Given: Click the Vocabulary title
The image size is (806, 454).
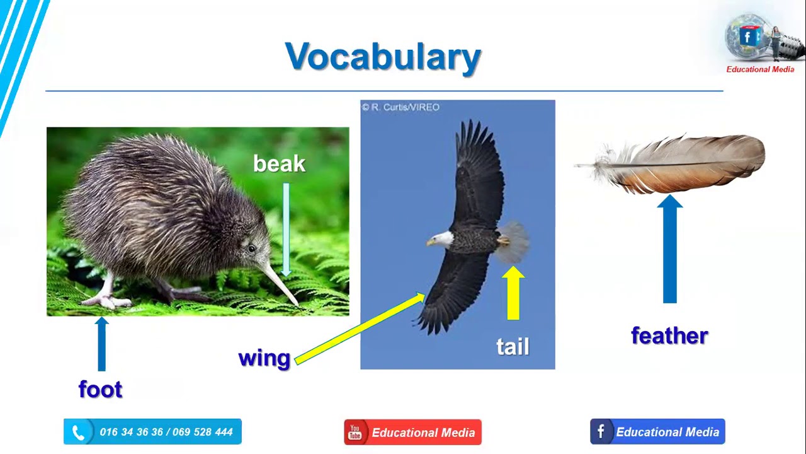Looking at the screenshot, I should point(383,57).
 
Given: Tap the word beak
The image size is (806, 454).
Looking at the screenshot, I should point(279,164).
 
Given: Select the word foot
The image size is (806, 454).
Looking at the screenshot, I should point(100,389).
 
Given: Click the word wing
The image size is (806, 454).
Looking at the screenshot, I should point(264,358).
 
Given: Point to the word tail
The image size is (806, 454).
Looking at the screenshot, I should point(513,346).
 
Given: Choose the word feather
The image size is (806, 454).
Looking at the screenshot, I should point(669,335).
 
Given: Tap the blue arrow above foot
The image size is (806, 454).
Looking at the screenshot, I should point(101,344).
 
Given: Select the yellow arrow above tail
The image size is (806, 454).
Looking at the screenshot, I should point(513,293).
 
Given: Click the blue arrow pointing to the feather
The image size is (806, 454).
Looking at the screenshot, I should point(669,249).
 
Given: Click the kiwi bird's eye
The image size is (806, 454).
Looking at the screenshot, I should point(252,249).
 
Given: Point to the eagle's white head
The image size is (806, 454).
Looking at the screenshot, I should point(443,239).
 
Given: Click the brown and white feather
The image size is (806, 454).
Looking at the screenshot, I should point(680,163).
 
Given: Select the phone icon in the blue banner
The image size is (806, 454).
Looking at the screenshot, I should point(79,433).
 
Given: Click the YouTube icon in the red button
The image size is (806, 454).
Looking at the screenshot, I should point(355,433).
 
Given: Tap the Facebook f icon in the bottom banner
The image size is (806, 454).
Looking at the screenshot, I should point(601,432).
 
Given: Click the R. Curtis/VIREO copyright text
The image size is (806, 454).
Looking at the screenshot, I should point(400,107).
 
